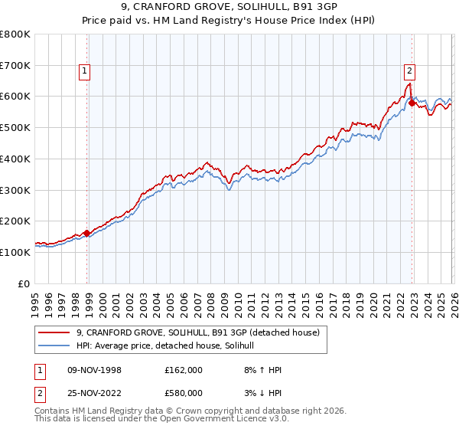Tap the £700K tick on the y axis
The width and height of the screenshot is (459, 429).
(x=17, y=65)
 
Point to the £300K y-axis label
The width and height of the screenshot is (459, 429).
(x=17, y=189)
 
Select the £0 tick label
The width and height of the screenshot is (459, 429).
(x=24, y=283)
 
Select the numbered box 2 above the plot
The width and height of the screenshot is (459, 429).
(x=409, y=71)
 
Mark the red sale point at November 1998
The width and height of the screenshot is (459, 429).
(x=86, y=233)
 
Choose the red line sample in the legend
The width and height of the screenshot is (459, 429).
(x=54, y=332)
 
